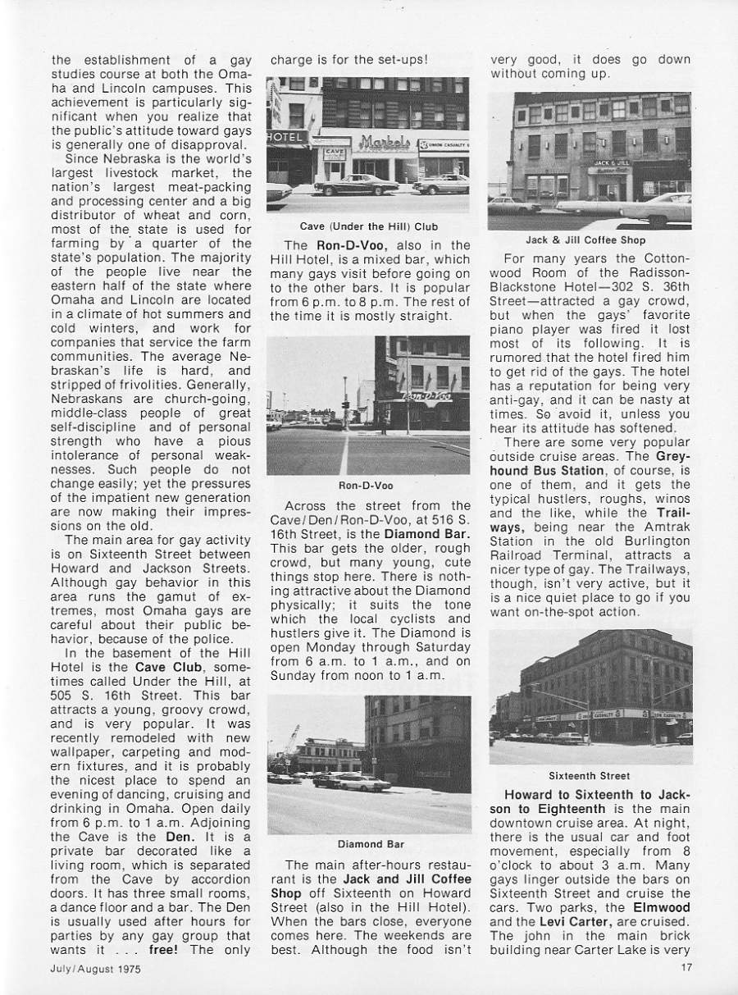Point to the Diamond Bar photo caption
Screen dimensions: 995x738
(x=370, y=843)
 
